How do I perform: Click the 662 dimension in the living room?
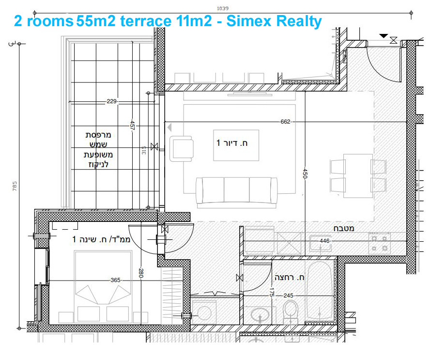click(x=285, y=122)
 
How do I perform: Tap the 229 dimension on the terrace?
click(x=112, y=102)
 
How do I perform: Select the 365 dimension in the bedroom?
click(x=115, y=280)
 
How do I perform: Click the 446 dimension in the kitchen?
click(x=324, y=241)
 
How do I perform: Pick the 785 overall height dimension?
click(x=15, y=186)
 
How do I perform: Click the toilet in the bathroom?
click(x=291, y=311)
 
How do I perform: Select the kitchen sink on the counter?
click(x=320, y=242)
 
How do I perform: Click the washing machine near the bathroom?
click(x=205, y=313)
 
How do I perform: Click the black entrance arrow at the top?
click(x=383, y=36)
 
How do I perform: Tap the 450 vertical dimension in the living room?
click(x=305, y=174)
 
